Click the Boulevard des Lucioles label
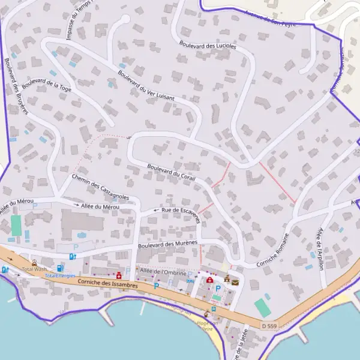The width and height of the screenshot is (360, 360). [208, 44]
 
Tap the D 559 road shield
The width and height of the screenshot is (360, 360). [270, 325]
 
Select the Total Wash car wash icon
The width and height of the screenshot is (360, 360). [34, 262]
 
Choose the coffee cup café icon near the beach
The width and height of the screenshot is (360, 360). [206, 313]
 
